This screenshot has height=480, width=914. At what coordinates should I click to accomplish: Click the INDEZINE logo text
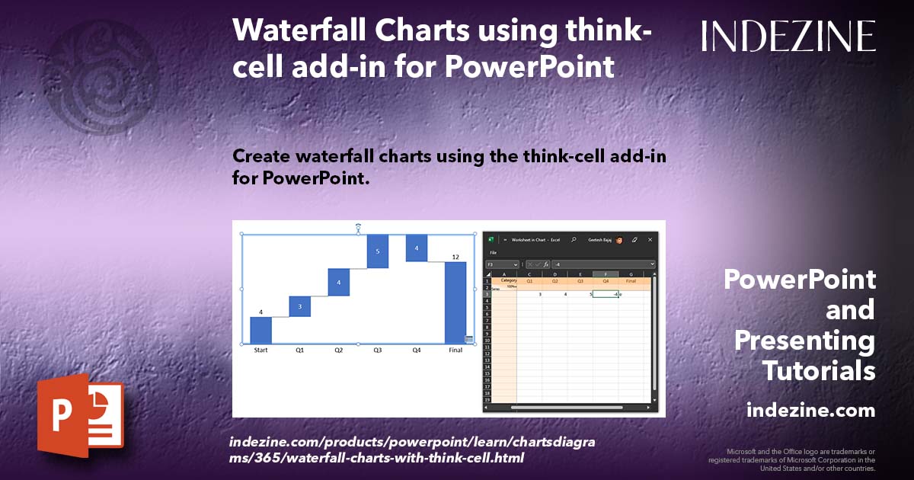(788, 36)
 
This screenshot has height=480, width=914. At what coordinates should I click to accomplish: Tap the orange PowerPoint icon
(80, 415)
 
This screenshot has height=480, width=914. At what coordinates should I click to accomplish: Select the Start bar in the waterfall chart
(260, 330)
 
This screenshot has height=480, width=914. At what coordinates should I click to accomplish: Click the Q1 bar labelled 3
(300, 306)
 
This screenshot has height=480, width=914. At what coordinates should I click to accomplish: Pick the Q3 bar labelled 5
(378, 251)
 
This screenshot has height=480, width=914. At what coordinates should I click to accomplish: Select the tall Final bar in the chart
(455, 302)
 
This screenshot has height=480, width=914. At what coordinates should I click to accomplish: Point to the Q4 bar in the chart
(417, 248)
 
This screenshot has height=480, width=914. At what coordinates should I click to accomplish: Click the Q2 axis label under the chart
(339, 350)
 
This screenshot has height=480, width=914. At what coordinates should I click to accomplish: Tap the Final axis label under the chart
(455, 350)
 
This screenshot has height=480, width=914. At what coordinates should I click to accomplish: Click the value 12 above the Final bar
(455, 257)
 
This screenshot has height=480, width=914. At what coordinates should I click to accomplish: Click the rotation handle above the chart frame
(358, 226)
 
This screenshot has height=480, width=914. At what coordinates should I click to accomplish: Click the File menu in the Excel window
(494, 252)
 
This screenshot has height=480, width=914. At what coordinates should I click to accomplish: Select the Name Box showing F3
(500, 264)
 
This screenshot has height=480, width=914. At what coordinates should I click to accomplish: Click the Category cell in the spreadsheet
(508, 280)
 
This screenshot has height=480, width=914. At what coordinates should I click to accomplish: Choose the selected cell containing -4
(606, 294)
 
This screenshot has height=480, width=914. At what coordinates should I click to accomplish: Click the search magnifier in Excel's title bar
(574, 239)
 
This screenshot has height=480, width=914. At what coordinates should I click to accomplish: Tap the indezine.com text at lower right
(810, 411)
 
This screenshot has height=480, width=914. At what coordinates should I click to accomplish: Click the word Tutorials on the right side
(819, 371)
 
